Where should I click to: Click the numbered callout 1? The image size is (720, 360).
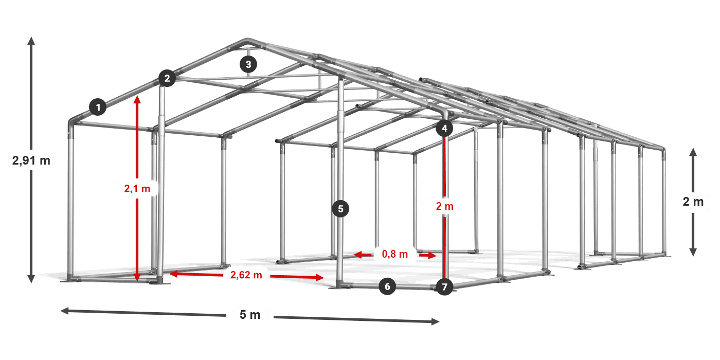pyautogui.click(x=98, y=107)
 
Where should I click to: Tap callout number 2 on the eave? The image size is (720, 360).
pyautogui.click(x=167, y=78)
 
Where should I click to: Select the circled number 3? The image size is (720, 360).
pyautogui.click(x=248, y=64)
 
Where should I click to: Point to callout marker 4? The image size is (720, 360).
pyautogui.click(x=444, y=129)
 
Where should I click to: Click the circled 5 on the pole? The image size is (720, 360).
pyautogui.click(x=340, y=209)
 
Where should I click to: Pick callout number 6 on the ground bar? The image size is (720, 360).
pyautogui.click(x=387, y=286)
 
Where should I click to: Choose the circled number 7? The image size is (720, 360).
pyautogui.click(x=444, y=287)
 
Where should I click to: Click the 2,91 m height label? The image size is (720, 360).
pyautogui.click(x=31, y=160)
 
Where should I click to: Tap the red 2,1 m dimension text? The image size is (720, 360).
pyautogui.click(x=137, y=188)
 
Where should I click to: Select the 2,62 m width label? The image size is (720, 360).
pyautogui.click(x=246, y=275)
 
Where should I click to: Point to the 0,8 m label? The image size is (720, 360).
pyautogui.click(x=395, y=254)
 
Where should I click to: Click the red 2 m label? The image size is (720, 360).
pyautogui.click(x=445, y=206)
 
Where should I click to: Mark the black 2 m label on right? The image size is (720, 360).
pyautogui.click(x=693, y=202)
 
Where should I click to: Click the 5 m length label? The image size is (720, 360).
pyautogui.click(x=250, y=315)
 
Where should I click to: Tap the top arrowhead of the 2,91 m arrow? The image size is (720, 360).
pyautogui.click(x=31, y=41)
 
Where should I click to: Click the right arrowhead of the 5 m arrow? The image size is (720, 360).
pyautogui.click(x=436, y=321)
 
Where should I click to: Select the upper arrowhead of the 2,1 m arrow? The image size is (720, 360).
pyautogui.click(x=137, y=100)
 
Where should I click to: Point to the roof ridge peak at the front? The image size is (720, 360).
pyautogui.click(x=247, y=40)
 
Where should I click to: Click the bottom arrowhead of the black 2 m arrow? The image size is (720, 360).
pyautogui.click(x=693, y=253)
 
